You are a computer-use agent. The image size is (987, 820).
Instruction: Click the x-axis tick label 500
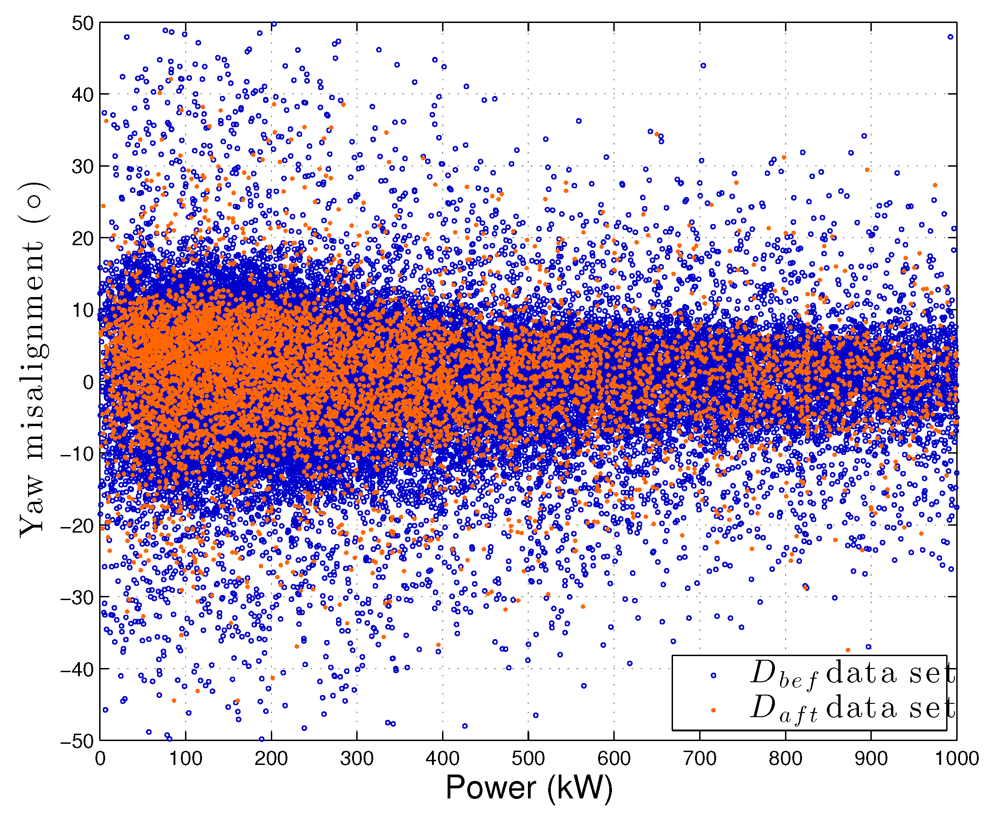[x=528, y=758]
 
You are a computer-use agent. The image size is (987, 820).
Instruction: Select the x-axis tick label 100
[x=185, y=758]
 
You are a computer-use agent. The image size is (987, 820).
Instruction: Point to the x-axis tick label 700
[x=700, y=758]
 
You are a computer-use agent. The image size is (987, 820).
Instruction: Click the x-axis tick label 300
[x=357, y=758]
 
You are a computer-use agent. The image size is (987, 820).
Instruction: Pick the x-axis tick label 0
[x=100, y=758]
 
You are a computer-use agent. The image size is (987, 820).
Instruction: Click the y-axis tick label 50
[x=83, y=23]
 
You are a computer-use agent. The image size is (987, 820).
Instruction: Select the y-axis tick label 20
[x=83, y=238]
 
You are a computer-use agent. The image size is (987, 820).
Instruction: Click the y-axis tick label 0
[x=88, y=382]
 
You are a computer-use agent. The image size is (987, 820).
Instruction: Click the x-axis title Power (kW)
[x=529, y=788]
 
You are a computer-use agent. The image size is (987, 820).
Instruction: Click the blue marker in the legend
[x=713, y=676]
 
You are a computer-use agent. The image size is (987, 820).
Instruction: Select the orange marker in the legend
[x=713, y=710]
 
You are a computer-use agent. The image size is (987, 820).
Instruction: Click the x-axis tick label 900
[x=871, y=758]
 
